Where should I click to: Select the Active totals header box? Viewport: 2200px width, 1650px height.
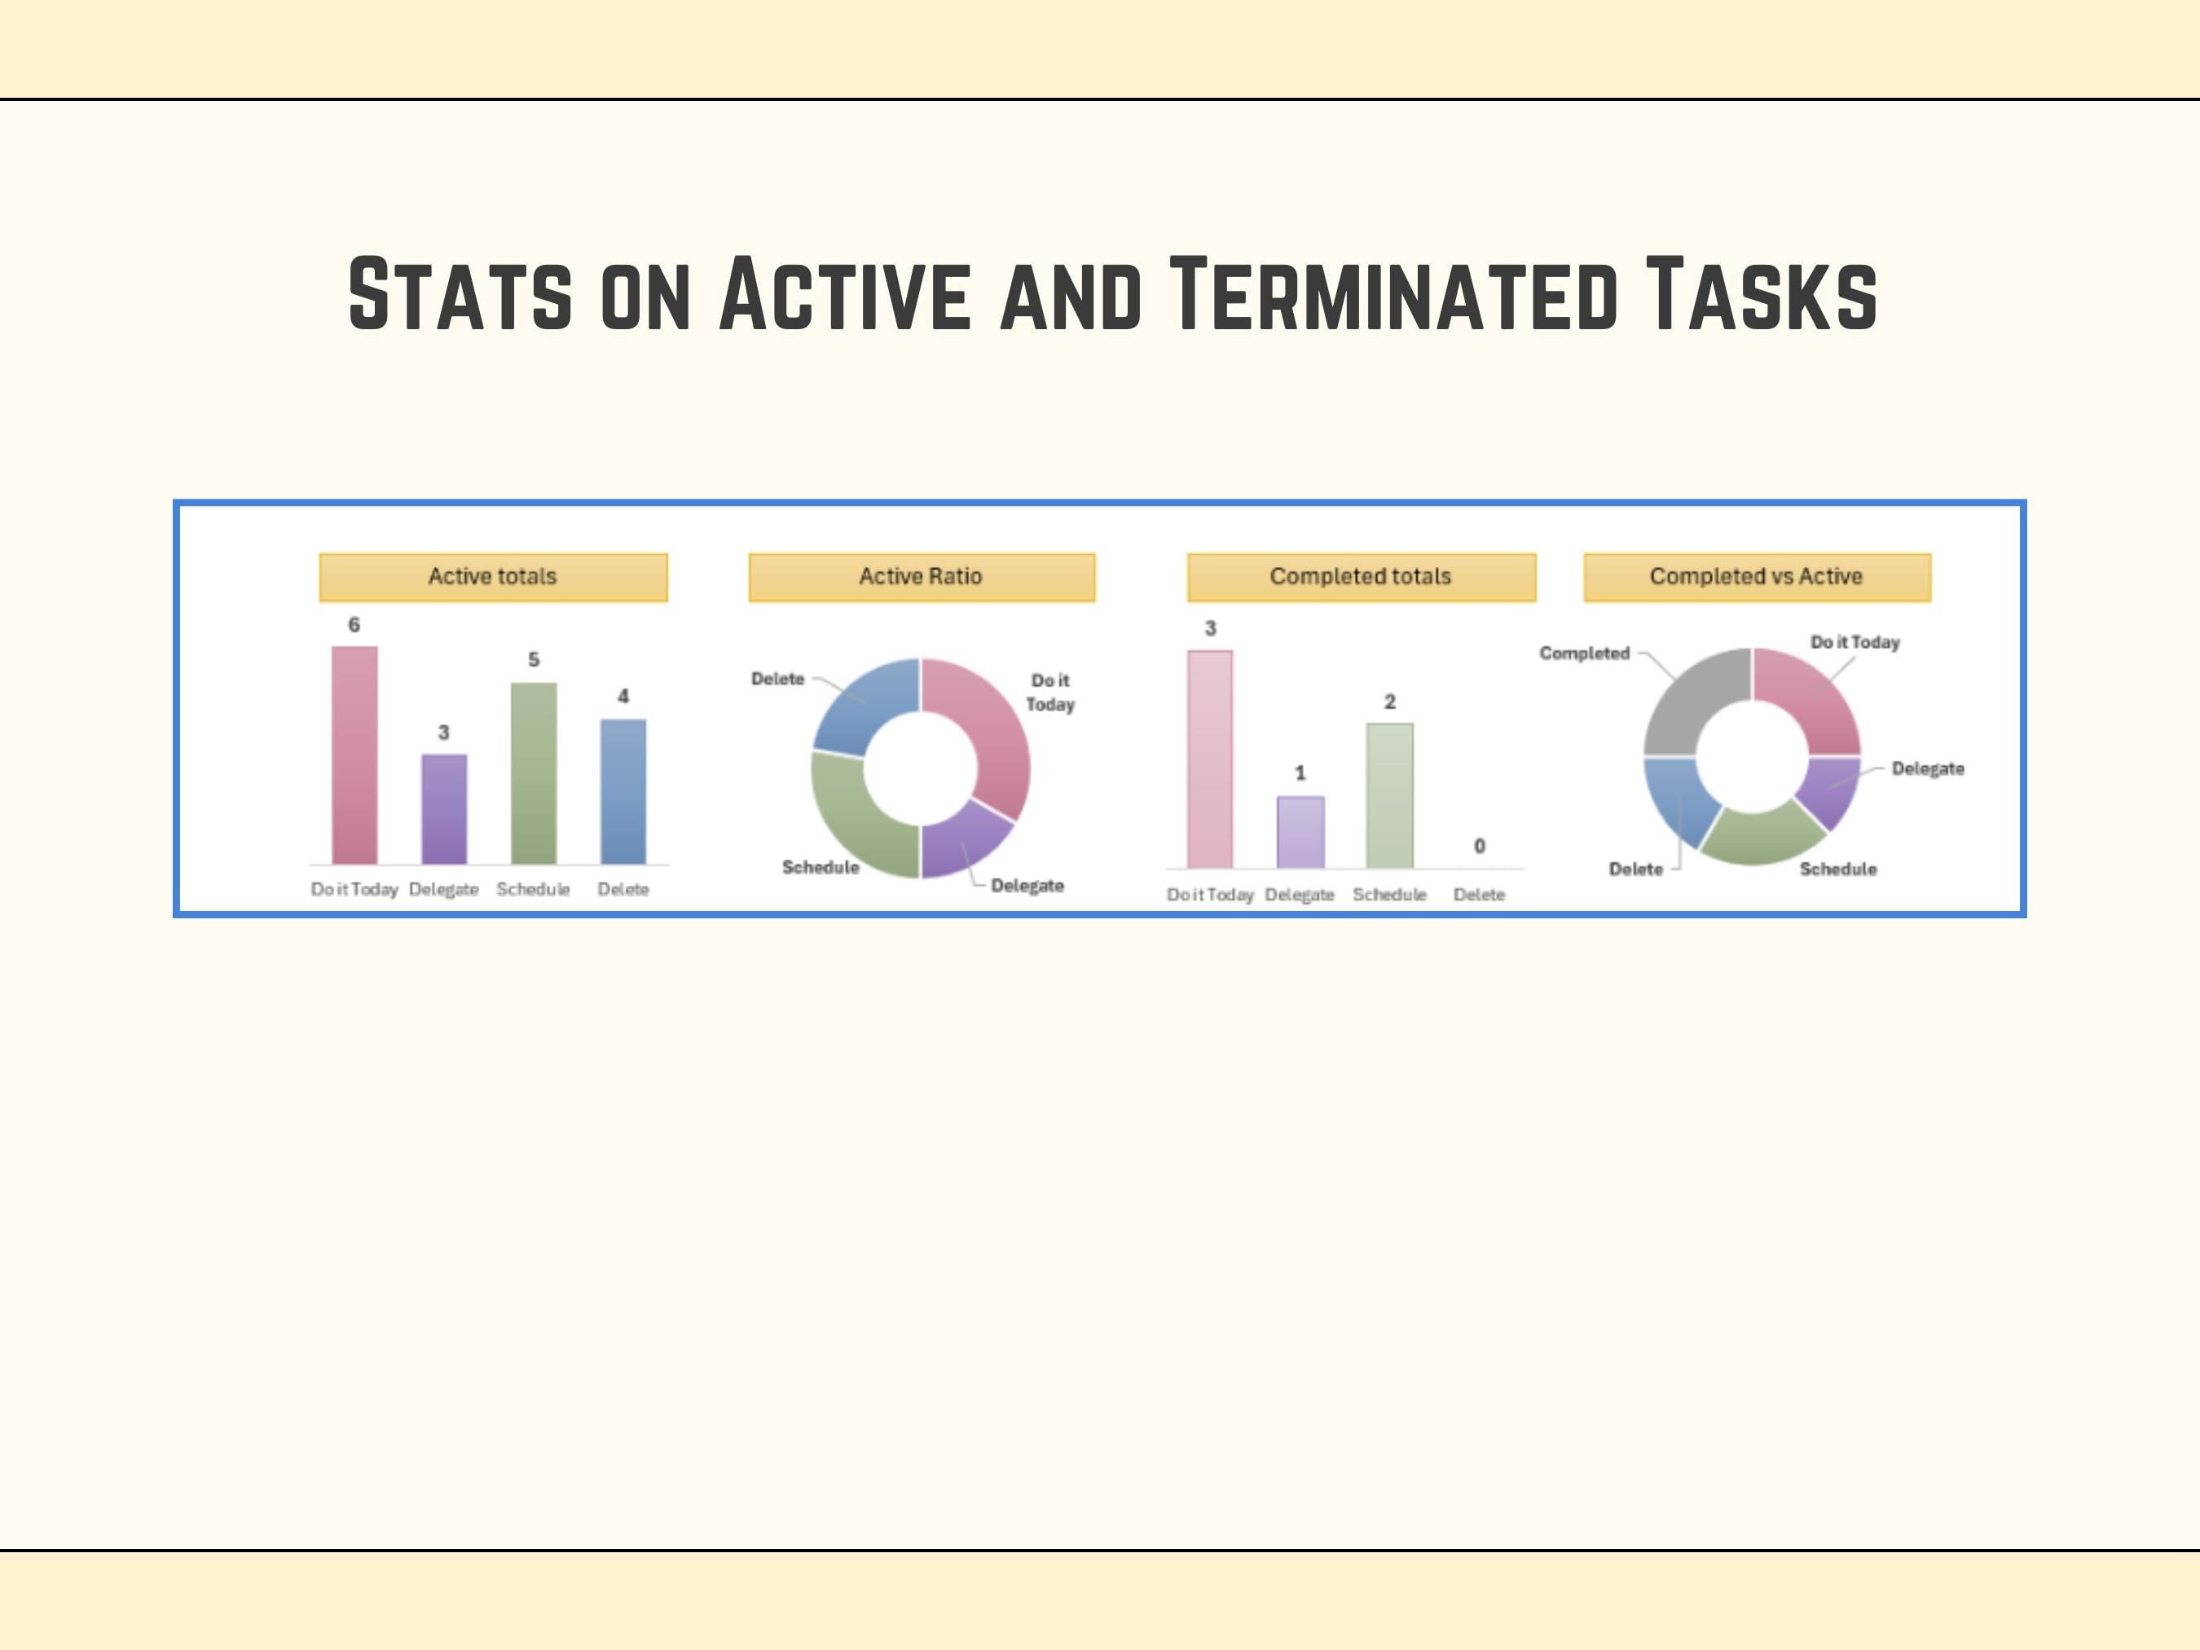pyautogui.click(x=492, y=577)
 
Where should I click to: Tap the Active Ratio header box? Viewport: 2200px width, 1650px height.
pyautogui.click(x=921, y=577)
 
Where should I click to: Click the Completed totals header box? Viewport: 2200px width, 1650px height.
pyautogui.click(x=1361, y=577)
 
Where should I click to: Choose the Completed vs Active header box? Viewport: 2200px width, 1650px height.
pyautogui.click(x=1757, y=577)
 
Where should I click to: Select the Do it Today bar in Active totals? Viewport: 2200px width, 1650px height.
pyautogui.click(x=354, y=756)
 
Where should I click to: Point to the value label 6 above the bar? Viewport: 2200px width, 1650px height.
pyautogui.click(x=354, y=625)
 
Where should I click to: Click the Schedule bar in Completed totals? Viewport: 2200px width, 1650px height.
pyautogui.click(x=1389, y=795)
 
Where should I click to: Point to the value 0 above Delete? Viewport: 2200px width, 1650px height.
pyautogui.click(x=1479, y=847)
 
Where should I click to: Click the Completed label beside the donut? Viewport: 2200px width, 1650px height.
pyautogui.click(x=1584, y=653)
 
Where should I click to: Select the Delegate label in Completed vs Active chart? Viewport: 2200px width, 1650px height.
pyautogui.click(x=1928, y=769)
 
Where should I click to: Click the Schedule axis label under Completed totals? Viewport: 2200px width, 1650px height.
pyautogui.click(x=1389, y=895)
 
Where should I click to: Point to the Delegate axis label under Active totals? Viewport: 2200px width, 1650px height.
pyautogui.click(x=443, y=890)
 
